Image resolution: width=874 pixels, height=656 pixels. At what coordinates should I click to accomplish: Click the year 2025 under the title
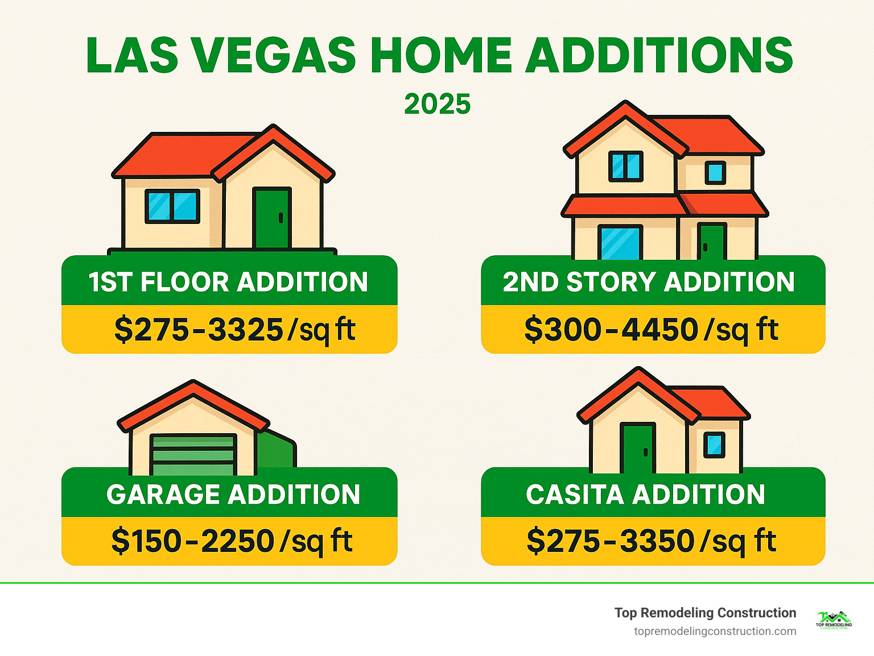(x=437, y=104)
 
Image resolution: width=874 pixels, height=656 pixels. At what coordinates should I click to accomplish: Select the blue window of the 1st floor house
(x=172, y=206)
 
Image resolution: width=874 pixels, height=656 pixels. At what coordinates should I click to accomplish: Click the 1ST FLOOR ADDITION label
(x=229, y=282)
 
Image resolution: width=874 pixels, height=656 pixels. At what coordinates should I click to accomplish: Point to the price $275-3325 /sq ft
(x=234, y=330)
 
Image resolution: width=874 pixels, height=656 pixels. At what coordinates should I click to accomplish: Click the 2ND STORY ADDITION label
(x=649, y=282)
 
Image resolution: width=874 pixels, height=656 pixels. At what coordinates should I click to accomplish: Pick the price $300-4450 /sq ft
(x=651, y=330)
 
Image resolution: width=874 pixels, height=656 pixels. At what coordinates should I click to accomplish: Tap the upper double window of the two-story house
(x=625, y=166)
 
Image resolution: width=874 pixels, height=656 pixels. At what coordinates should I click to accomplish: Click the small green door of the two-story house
(x=712, y=241)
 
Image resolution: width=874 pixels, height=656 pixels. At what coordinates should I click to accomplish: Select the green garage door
(x=193, y=455)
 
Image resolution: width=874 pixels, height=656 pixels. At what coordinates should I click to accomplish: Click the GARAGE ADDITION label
(x=233, y=494)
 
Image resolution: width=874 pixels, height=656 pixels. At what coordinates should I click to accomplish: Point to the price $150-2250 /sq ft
(x=232, y=541)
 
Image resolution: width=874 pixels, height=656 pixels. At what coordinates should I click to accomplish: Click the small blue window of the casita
(x=714, y=445)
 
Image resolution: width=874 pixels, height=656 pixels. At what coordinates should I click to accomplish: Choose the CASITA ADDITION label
(x=645, y=494)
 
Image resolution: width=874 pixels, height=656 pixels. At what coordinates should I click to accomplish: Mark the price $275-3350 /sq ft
(x=651, y=541)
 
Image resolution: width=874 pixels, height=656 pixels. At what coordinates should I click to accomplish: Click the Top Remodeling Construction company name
(x=705, y=613)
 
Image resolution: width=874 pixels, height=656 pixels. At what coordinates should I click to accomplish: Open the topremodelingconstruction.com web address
(x=715, y=631)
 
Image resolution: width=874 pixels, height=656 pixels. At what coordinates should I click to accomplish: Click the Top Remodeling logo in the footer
(x=834, y=620)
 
